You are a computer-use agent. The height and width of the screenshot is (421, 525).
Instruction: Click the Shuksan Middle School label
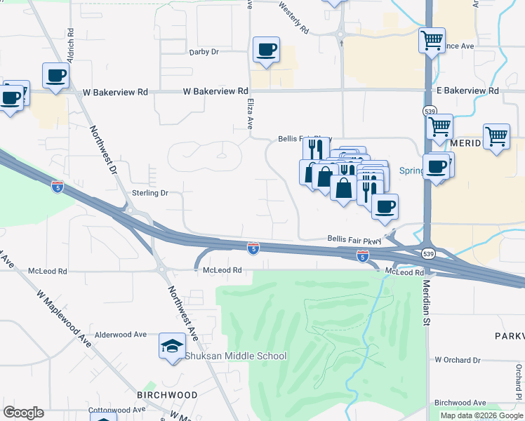[235, 356]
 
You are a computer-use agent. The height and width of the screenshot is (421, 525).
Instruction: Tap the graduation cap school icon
[172, 346]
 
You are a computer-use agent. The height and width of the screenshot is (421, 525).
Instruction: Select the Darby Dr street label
[204, 52]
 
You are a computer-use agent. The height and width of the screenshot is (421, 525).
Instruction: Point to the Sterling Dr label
[150, 193]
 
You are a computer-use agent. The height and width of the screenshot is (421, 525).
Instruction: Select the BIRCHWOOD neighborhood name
[167, 395]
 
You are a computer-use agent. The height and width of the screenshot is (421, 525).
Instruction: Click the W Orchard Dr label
[457, 360]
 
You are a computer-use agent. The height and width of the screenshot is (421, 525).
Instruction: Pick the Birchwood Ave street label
[460, 403]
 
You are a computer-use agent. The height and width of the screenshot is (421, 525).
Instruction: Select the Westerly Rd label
[293, 18]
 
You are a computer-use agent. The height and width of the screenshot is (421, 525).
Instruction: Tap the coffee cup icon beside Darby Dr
[266, 50]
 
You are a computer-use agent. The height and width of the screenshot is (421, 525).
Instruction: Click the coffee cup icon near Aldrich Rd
[55, 75]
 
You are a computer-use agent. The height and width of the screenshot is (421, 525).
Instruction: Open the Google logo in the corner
[23, 413]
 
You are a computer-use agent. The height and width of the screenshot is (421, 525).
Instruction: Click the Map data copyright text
[481, 415]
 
